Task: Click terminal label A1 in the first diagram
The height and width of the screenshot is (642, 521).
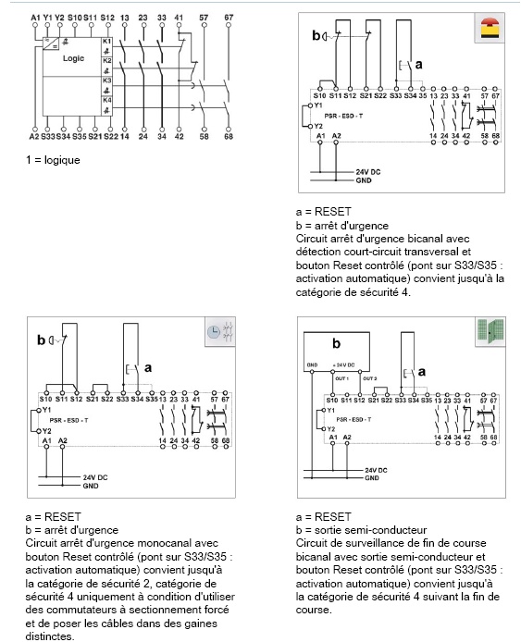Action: pos(35,19)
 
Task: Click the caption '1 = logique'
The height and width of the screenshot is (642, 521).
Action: pos(53,160)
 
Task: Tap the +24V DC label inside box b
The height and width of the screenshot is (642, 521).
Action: pos(343,366)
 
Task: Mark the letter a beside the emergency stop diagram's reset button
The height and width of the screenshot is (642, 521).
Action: pos(418,64)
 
